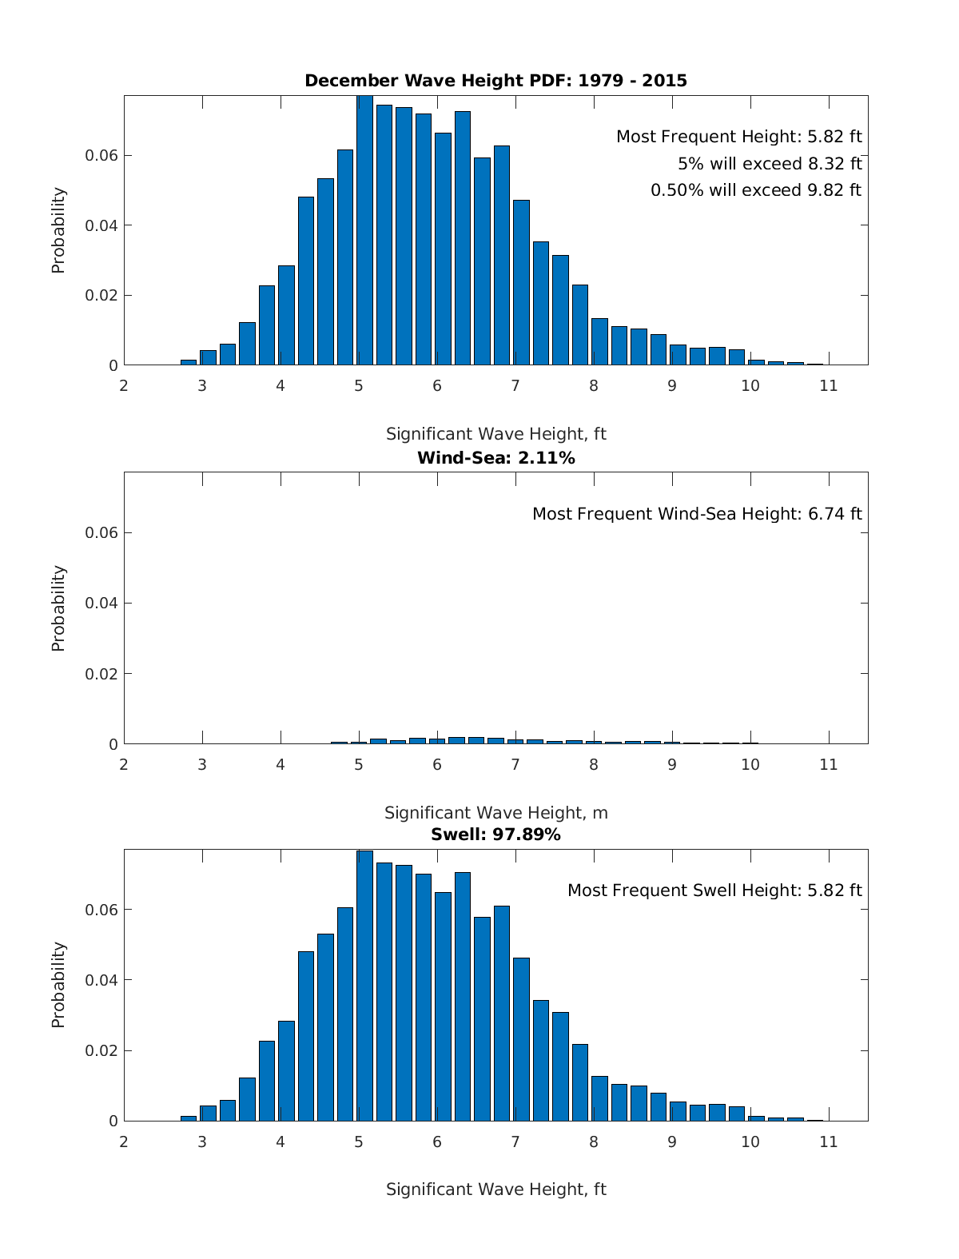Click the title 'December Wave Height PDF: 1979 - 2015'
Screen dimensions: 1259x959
(495, 81)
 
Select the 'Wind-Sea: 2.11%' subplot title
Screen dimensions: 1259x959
(495, 458)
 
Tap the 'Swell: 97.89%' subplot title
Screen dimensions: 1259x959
(495, 835)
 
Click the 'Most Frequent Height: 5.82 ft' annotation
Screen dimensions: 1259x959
(738, 137)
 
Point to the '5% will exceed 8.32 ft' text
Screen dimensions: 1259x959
(769, 164)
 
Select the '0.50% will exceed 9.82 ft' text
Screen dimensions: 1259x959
(755, 190)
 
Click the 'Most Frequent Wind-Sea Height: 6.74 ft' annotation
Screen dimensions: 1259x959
(697, 514)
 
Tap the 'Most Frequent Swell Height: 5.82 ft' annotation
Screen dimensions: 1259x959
(714, 890)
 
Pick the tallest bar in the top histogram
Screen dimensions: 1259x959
(364, 232)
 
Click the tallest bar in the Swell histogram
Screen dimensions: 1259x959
(364, 987)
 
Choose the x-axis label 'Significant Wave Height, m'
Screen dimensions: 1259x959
(495, 813)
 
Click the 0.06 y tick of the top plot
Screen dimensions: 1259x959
(101, 155)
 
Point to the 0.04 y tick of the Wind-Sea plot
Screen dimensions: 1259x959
(101, 603)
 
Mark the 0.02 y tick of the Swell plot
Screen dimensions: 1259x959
(101, 1050)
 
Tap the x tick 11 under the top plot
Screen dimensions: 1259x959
(829, 386)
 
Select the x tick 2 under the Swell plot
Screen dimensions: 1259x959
(124, 1141)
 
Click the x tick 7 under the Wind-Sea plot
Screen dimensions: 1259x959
(515, 764)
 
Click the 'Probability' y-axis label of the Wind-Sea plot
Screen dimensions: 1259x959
(58, 608)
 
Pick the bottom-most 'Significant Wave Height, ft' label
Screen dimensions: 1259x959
(495, 1189)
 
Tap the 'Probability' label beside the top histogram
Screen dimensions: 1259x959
(58, 230)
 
